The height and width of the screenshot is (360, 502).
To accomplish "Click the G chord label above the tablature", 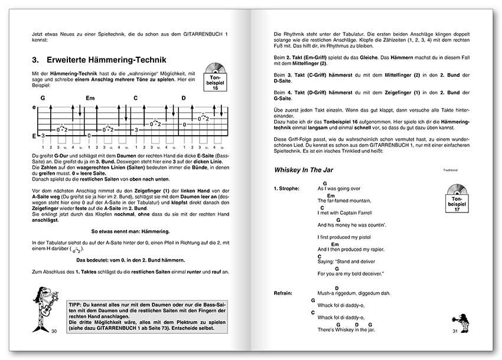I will tap(43, 98).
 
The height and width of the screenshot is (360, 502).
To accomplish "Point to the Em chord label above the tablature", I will tap(90, 98).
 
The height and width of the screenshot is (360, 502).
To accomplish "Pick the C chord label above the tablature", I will tap(135, 98).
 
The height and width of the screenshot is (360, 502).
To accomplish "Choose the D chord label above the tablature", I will tap(184, 98).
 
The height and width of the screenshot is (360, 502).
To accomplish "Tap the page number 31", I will tap(455, 331).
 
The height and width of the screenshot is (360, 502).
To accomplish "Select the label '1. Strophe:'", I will tap(288, 188).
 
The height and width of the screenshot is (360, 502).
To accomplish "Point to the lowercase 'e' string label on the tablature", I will tap(34, 107).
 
